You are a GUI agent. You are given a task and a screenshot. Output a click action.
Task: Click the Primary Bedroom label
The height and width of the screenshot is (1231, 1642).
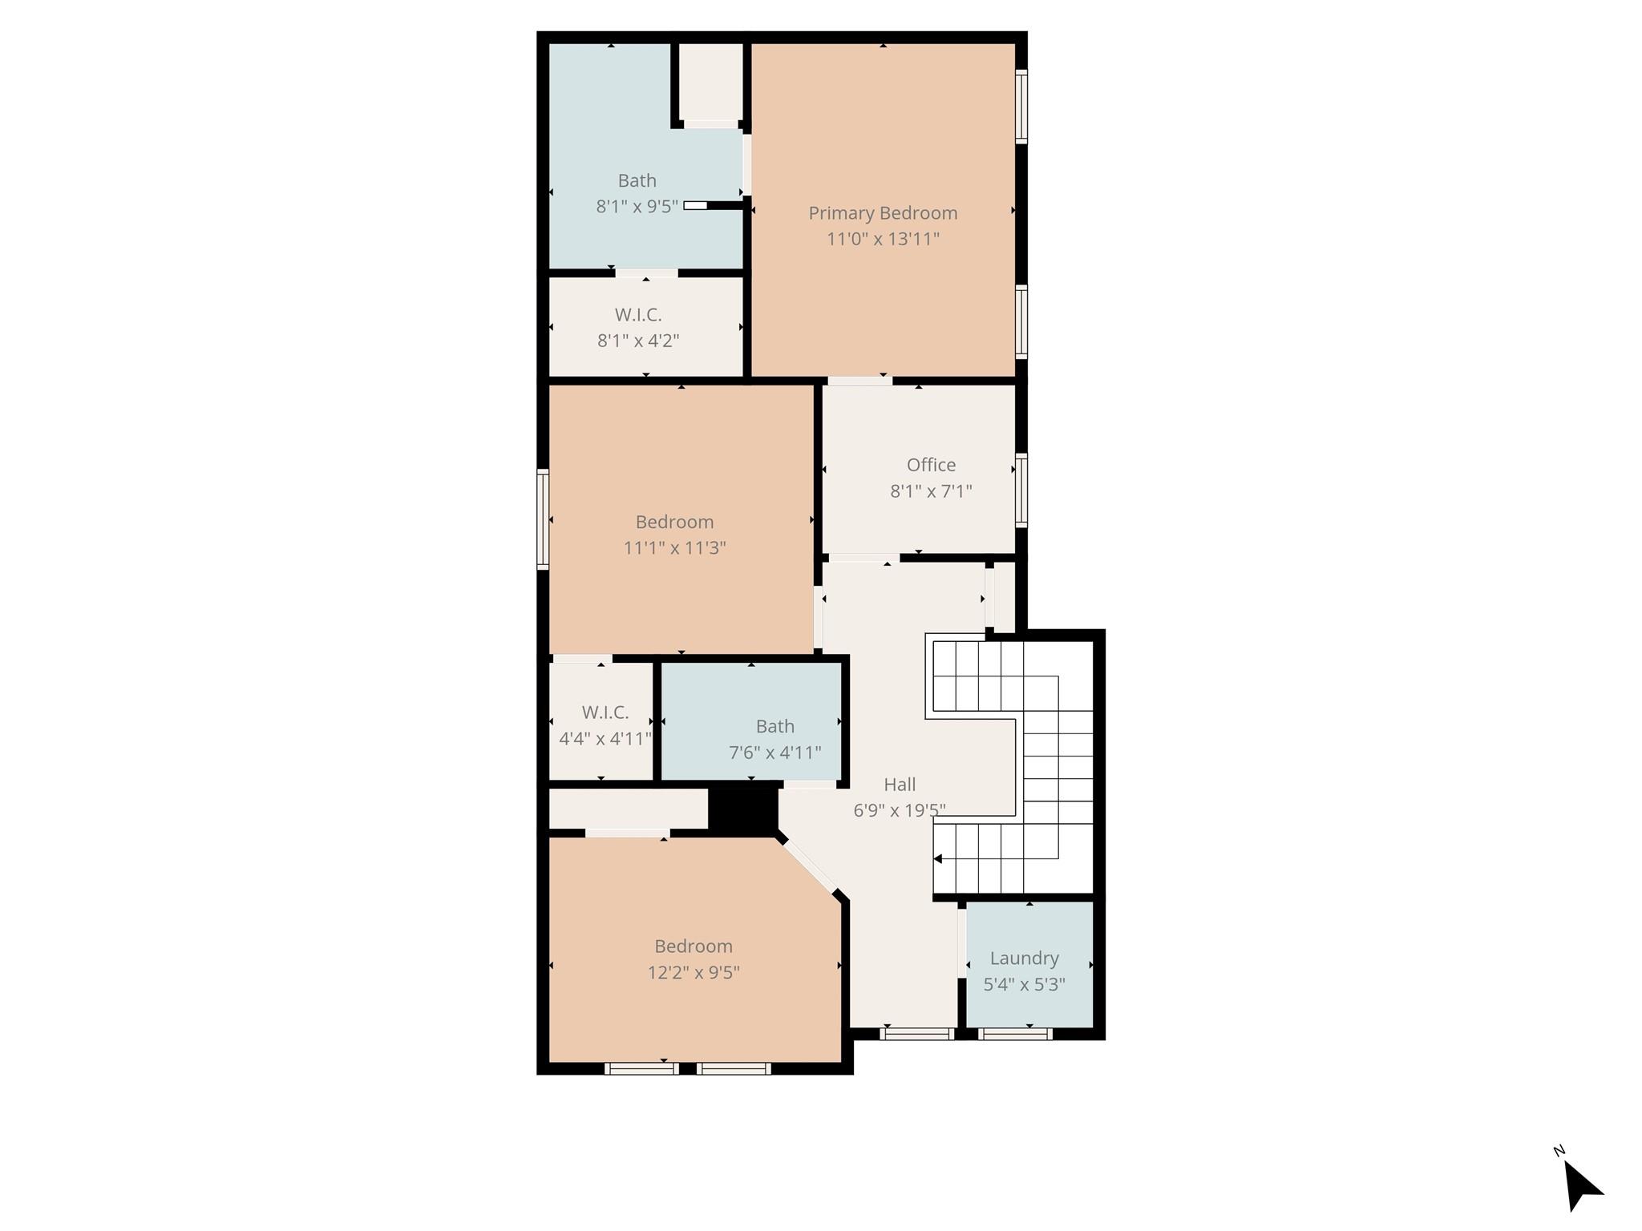point(883,213)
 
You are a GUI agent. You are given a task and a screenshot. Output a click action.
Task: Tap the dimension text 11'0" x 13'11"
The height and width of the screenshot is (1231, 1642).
point(883,239)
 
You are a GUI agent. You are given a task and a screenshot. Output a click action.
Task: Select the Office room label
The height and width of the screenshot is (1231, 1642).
point(931,465)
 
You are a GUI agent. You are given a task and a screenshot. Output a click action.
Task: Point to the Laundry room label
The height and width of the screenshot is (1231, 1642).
point(1024,959)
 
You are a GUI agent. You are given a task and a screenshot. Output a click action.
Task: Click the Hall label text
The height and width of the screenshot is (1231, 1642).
point(900,785)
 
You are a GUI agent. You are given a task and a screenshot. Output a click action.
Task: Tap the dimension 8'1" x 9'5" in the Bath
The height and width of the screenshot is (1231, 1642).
point(637,207)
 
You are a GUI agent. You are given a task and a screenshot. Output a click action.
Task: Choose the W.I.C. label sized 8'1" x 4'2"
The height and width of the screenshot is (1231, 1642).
point(638,315)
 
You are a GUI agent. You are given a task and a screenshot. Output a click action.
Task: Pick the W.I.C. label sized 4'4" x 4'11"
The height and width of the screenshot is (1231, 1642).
point(605,712)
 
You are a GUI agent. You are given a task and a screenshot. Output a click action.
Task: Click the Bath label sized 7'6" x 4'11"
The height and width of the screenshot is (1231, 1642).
point(775,727)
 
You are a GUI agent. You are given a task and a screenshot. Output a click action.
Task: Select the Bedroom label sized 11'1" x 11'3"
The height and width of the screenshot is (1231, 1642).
point(674,523)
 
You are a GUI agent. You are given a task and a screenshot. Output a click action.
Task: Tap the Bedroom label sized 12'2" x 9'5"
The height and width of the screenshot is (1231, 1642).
point(694,946)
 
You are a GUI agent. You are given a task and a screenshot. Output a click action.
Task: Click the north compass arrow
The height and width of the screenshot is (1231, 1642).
point(1582,1185)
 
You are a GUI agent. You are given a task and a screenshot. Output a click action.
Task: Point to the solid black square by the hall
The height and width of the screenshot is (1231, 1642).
point(743,810)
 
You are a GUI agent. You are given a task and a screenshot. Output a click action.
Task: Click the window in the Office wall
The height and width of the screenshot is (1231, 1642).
point(1021,490)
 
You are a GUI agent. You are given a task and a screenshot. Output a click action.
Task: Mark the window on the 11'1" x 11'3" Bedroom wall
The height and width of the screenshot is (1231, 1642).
point(543,519)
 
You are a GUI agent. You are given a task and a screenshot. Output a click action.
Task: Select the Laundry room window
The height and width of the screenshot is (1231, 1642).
point(1015,1035)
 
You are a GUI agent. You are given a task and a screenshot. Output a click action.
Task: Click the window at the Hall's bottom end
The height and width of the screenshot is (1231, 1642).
point(917,1035)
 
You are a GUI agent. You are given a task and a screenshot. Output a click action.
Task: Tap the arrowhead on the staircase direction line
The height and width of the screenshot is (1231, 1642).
point(938,859)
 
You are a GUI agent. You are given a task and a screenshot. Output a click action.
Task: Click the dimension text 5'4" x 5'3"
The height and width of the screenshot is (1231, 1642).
point(1024,985)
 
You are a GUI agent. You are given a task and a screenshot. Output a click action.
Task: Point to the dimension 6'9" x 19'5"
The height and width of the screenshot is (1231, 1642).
point(900,811)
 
